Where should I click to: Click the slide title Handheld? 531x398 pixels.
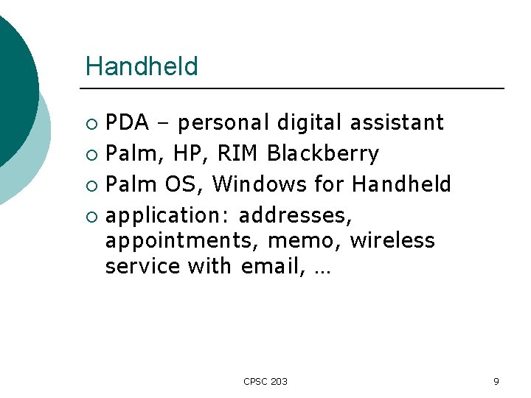[142, 66]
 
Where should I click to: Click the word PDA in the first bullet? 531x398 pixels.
[127, 122]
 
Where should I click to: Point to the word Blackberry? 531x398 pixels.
[323, 154]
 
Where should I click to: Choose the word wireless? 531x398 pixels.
[392, 241]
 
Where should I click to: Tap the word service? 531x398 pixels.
[142, 266]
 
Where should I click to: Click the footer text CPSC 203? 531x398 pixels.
[265, 381]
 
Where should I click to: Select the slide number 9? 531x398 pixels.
[496, 381]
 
